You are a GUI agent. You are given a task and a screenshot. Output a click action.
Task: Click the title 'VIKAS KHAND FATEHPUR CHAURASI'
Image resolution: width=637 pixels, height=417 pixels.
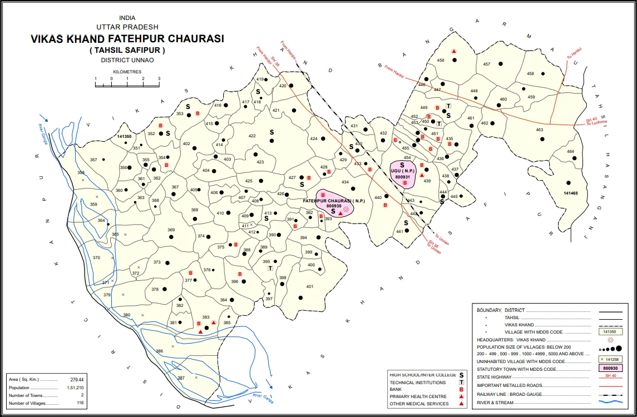127,39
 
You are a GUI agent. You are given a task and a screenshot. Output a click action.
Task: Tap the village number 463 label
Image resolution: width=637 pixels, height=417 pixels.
539,130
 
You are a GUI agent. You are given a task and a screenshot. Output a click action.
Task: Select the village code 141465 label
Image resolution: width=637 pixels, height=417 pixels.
571,193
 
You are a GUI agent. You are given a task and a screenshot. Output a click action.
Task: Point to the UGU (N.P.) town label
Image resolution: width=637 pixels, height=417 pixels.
402,171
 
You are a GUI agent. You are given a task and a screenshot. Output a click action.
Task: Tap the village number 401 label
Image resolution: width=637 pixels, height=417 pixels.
310,287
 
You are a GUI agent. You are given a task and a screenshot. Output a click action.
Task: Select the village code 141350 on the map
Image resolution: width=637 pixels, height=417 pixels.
125,136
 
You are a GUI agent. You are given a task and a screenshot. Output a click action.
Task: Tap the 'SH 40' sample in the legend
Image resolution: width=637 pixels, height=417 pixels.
610,376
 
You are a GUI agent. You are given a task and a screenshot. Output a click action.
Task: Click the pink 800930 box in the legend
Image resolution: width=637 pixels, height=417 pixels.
610,368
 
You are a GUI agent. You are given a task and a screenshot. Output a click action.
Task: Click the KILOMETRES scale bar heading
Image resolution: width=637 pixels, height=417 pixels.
127,72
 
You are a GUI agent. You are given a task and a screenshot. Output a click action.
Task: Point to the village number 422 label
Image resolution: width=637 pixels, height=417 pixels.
252,136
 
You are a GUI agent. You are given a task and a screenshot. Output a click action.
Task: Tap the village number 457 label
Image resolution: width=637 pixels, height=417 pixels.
487,64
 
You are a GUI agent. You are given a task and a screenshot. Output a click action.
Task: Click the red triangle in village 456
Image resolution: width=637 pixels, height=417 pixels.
454,51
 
